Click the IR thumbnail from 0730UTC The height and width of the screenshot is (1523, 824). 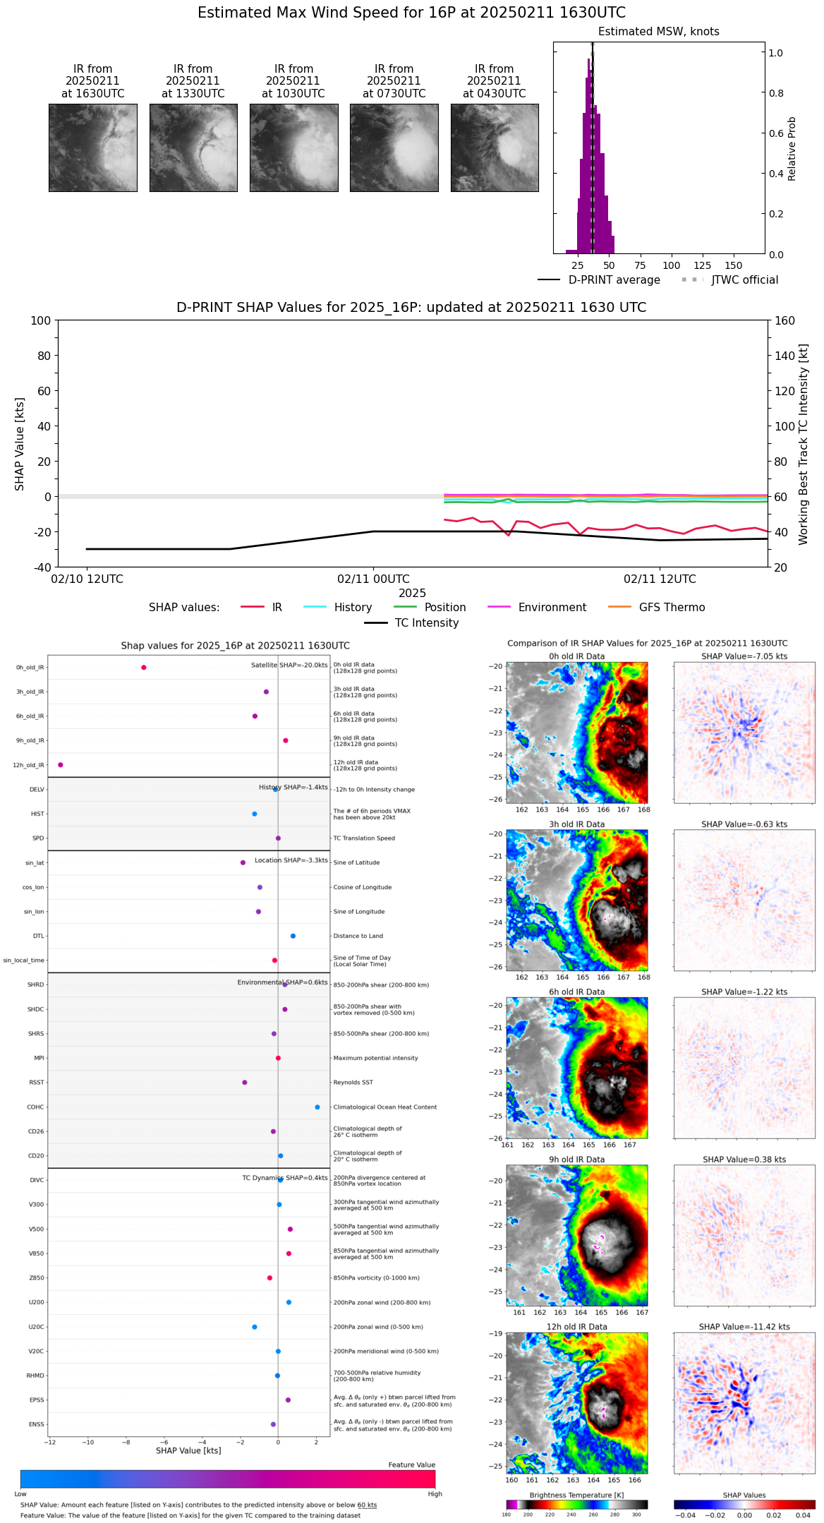click(x=394, y=148)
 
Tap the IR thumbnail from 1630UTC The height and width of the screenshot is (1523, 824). click(x=92, y=148)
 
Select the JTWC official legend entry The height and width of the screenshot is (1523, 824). click(x=744, y=280)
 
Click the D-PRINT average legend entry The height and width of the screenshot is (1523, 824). click(x=614, y=280)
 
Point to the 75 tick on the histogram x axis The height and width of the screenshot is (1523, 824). click(x=640, y=265)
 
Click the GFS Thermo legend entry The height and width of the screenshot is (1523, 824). click(x=672, y=608)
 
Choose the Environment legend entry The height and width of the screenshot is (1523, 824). click(x=552, y=608)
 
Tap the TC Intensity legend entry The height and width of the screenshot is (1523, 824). click(x=426, y=623)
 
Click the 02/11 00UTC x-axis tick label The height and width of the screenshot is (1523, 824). click(x=373, y=579)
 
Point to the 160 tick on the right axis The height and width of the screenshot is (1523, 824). click(x=784, y=320)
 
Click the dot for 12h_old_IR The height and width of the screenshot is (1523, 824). click(x=61, y=765)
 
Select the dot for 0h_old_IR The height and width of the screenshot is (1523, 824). click(x=144, y=668)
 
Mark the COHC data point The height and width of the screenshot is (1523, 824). click(x=317, y=1107)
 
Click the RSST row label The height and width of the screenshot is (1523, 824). click(x=37, y=1083)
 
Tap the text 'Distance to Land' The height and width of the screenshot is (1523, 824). click(x=358, y=937)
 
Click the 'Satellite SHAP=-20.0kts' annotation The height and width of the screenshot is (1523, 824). click(x=289, y=666)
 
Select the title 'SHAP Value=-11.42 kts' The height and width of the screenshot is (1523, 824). click(x=744, y=1328)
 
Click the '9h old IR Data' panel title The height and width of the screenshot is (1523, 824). click(x=576, y=1160)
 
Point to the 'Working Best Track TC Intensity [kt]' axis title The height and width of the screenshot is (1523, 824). click(x=803, y=445)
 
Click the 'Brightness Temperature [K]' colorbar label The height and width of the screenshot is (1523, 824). click(x=576, y=1495)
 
